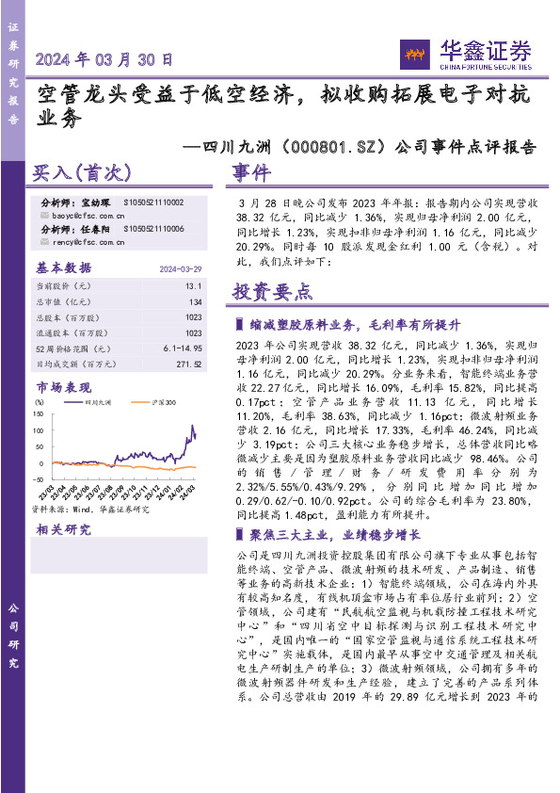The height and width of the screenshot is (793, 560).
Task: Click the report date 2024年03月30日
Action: (x=104, y=58)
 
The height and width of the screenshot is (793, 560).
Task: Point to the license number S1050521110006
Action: (x=154, y=229)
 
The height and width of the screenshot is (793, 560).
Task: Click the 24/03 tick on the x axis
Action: (x=189, y=493)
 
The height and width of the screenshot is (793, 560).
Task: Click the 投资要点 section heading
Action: (x=273, y=292)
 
